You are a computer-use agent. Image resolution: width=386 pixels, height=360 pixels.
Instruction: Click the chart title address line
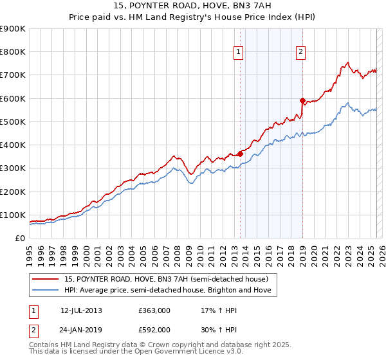[x=193, y=6]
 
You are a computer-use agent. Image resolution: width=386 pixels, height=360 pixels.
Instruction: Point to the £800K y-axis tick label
[x=12, y=52]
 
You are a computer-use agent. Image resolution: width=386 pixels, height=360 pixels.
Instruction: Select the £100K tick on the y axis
[x=12, y=215]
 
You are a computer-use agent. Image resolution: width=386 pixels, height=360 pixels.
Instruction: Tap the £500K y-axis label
[x=12, y=122]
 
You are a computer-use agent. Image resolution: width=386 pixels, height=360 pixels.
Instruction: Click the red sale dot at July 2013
[x=239, y=154]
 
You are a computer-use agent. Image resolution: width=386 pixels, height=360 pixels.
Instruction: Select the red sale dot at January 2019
[x=302, y=100]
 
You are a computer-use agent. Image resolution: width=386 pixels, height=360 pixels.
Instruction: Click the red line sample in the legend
[x=46, y=279]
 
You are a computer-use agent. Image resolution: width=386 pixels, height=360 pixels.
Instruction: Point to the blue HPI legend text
[x=168, y=291]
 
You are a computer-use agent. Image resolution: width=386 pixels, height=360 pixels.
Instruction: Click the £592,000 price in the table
[x=154, y=329]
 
